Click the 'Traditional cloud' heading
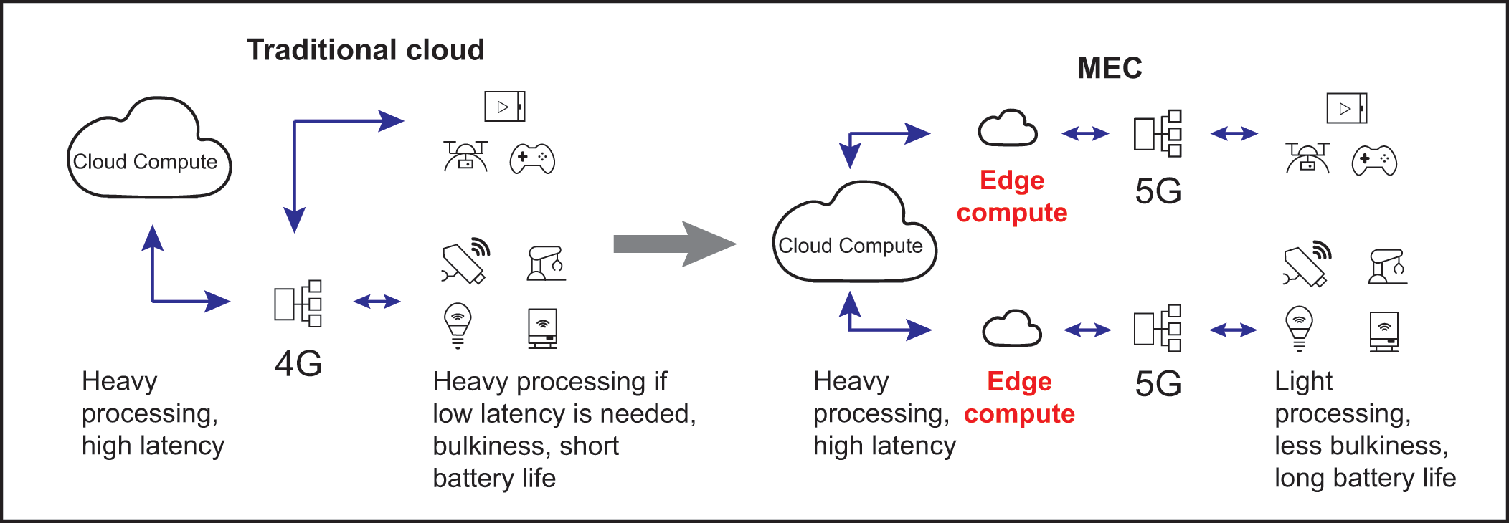366,50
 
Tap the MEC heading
1110,68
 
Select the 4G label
298,363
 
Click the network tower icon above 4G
298,303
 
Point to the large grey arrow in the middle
674,244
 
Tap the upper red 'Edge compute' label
1012,196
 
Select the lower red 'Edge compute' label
1019,398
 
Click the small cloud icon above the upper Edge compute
1008,129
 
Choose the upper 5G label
1158,191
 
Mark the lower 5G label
1158,384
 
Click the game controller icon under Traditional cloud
532,159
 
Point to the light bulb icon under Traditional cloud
458,325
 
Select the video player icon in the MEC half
1346,108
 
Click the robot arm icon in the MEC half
1387,267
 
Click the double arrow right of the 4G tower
377,302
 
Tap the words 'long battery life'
1365,478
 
